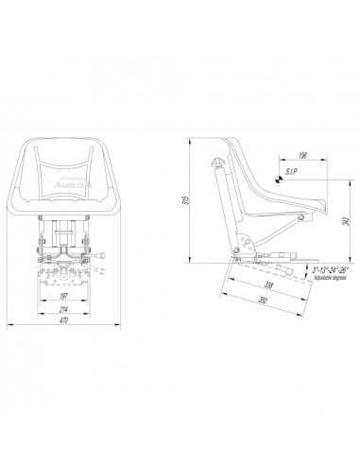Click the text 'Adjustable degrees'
(x=331, y=276)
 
